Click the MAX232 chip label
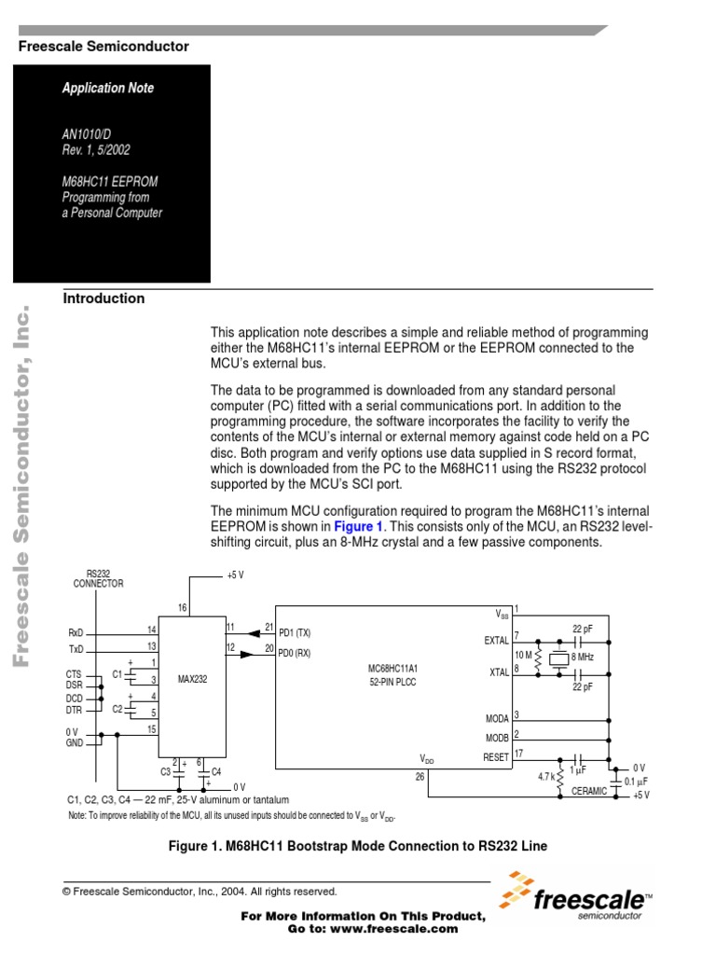[193, 680]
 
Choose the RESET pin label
[496, 757]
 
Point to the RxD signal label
[76, 632]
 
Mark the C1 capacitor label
[117, 672]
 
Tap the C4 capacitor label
[216, 771]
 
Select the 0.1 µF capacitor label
[636, 781]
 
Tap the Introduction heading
[103, 298]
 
